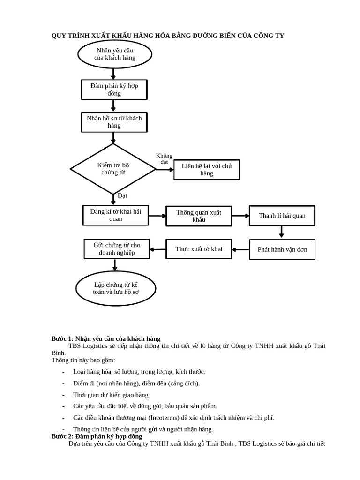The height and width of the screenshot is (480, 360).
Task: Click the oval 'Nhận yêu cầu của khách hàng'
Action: (115, 54)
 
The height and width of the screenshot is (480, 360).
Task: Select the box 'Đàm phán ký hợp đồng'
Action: (114, 90)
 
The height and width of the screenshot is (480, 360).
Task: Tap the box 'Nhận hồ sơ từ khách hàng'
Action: (114, 122)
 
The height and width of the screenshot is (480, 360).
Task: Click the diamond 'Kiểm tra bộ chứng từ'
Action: (113, 169)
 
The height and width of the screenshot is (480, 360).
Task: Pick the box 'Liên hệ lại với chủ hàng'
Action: (206, 170)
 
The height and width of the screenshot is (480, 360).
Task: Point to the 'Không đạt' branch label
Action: (164, 158)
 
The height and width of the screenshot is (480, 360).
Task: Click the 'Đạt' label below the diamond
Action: (122, 195)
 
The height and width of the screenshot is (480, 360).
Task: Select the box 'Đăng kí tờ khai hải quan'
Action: (115, 215)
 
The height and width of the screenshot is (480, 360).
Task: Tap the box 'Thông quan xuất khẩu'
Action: (199, 216)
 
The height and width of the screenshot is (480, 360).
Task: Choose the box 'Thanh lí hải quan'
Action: (282, 216)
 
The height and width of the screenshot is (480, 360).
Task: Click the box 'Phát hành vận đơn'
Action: (282, 249)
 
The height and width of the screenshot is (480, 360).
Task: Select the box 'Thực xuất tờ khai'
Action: (199, 249)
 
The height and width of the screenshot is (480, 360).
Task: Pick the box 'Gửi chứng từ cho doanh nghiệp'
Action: (117, 249)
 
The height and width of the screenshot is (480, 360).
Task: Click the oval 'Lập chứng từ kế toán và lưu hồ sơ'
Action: (116, 288)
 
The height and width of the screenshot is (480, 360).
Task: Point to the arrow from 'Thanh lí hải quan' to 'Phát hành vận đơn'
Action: (281, 232)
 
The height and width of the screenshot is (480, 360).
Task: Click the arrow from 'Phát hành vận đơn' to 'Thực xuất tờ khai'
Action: (240, 249)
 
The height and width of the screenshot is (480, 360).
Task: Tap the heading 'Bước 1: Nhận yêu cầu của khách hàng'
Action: (106, 338)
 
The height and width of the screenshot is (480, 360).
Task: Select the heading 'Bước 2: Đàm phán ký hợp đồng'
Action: (97, 436)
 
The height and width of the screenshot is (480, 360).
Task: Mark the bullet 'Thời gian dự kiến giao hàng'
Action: (111, 395)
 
